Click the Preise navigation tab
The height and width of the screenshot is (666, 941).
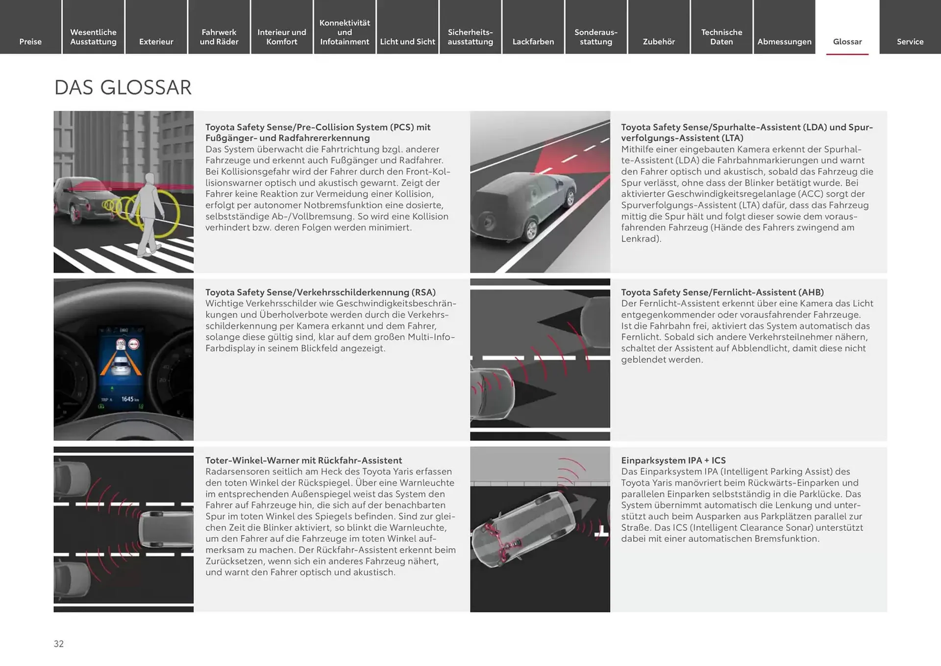click(30, 42)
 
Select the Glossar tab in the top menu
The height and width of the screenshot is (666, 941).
click(847, 42)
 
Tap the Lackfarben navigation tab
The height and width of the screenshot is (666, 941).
click(533, 42)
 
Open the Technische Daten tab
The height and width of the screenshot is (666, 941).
click(721, 37)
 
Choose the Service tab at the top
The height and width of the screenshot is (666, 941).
click(910, 42)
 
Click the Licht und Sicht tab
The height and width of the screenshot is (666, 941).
click(407, 42)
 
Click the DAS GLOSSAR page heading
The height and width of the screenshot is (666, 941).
click(123, 88)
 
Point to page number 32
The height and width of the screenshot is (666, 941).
click(59, 644)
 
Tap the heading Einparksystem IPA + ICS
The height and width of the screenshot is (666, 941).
click(673, 461)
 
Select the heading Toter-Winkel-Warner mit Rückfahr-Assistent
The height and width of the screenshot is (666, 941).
click(303, 461)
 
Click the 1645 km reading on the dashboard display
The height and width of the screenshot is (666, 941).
click(129, 399)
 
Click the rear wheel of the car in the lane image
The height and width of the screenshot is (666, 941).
click(530, 230)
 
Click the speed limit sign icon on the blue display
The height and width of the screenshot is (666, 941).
click(121, 344)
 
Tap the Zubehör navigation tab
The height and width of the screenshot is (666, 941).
click(659, 42)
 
